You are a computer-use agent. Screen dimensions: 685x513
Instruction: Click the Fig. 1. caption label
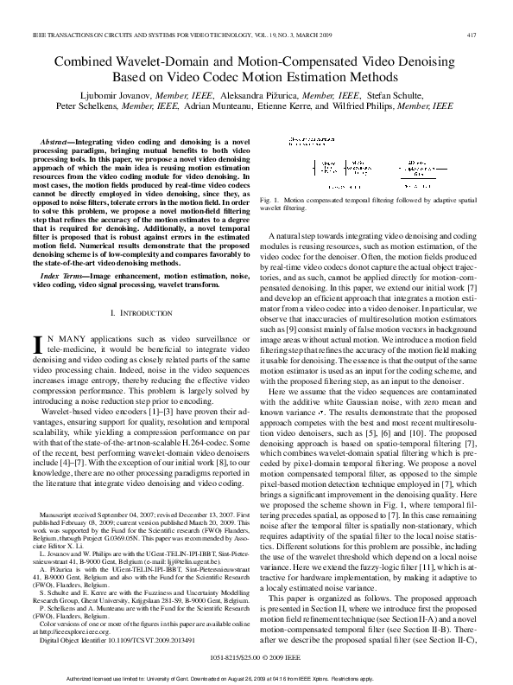[x=280, y=201]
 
